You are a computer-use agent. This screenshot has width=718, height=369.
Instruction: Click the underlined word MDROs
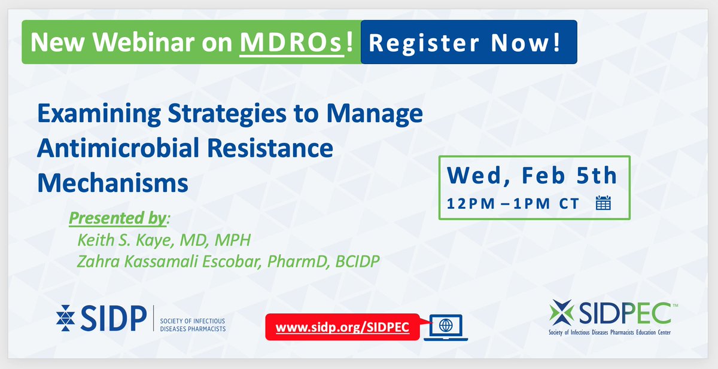292,42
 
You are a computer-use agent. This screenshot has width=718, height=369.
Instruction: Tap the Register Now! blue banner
468,42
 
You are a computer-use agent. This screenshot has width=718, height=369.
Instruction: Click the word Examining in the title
99,114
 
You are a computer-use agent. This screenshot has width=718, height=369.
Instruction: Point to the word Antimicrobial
118,148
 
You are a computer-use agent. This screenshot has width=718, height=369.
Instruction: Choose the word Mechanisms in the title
112,183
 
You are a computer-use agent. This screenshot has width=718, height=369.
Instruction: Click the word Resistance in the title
270,148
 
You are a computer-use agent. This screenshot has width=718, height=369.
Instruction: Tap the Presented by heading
118,219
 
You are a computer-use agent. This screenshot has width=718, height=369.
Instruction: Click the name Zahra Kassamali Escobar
168,261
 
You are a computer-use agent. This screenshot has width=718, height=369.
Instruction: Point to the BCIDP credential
357,261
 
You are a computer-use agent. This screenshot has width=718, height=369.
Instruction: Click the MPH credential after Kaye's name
233,240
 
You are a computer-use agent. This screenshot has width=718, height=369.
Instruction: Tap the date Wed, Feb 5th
532,176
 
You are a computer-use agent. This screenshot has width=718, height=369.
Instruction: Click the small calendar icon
603,203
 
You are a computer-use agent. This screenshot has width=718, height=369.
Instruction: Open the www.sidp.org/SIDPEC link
342,327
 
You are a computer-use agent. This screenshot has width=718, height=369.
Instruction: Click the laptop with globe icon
446,327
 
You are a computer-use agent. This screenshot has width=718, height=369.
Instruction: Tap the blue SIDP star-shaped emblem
65,318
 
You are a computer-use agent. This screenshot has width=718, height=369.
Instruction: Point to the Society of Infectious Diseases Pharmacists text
193,325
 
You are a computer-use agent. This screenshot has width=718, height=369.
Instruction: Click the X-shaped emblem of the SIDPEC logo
562,312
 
